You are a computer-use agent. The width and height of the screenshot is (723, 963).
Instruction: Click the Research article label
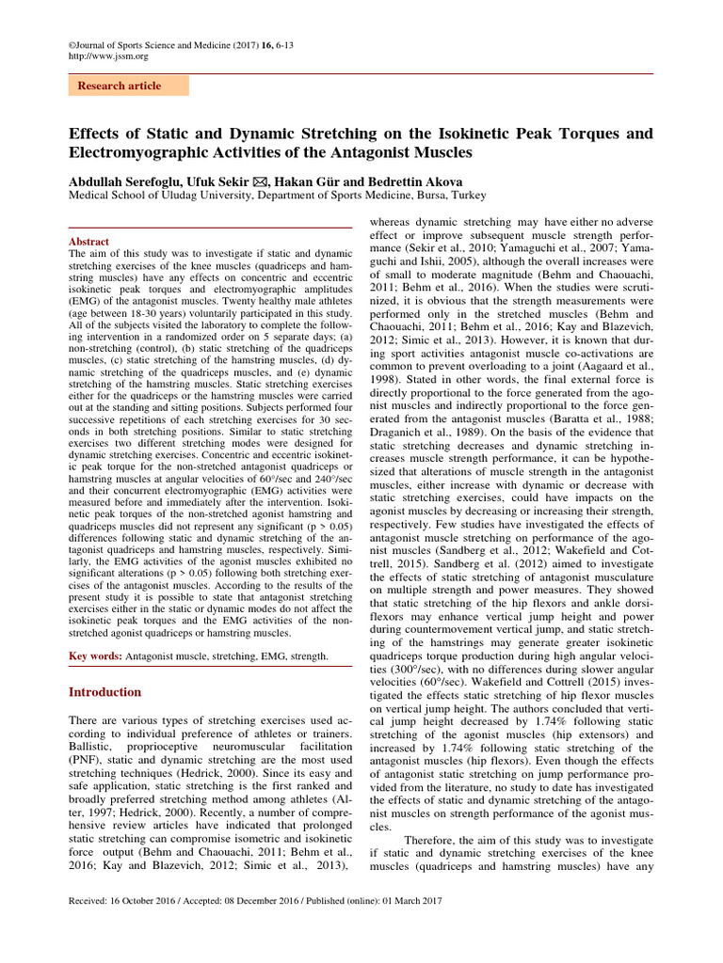119,86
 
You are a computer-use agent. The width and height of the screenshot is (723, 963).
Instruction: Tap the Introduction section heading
105,692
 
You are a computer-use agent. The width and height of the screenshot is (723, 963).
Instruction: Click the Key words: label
96,655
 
